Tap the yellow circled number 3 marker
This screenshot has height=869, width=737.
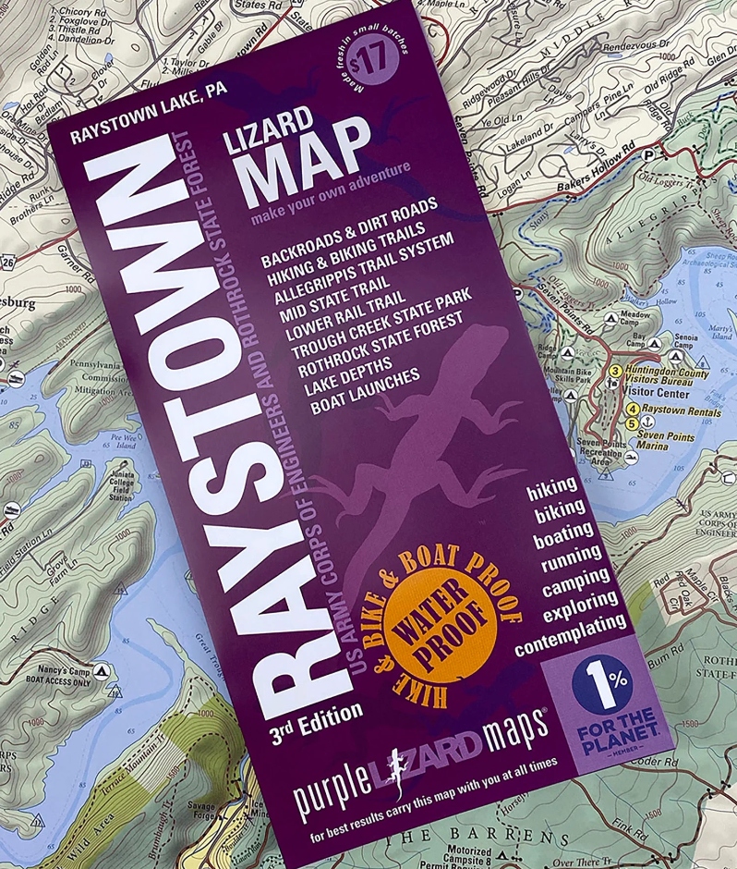pyautogui.click(x=613, y=372)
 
